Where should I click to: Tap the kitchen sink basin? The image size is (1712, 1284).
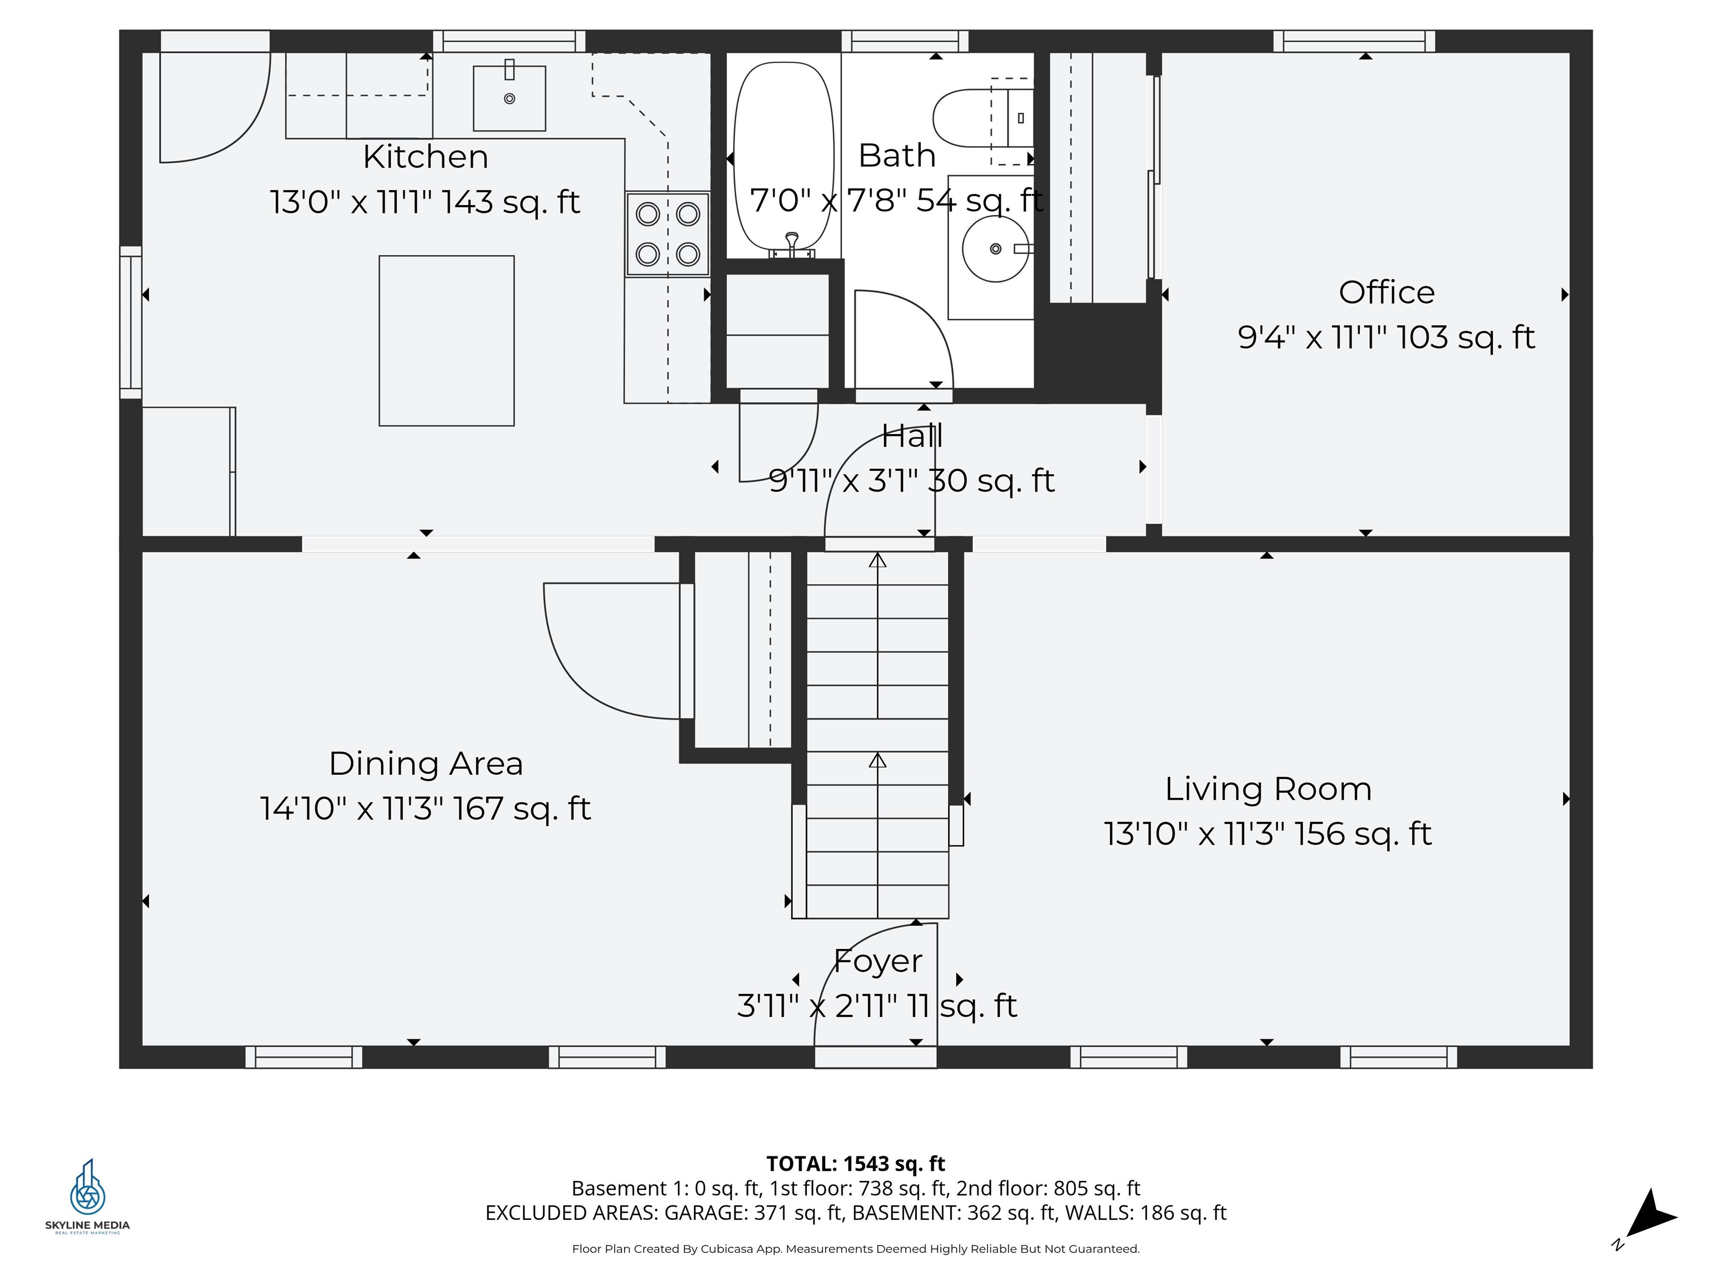[509, 98]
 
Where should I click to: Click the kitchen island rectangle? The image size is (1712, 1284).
[446, 341]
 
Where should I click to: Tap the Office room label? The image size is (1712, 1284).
[1386, 293]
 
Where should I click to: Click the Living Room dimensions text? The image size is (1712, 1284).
[1268, 834]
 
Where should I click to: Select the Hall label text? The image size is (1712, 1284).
[912, 436]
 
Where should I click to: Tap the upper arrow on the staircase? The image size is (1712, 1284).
[877, 560]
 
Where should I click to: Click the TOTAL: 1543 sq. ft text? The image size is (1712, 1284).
[855, 1163]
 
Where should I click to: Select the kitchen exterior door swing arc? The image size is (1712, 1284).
[225, 116]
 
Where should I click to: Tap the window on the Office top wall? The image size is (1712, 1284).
[1354, 41]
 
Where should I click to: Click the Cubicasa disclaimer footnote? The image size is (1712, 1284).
[855, 1248]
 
